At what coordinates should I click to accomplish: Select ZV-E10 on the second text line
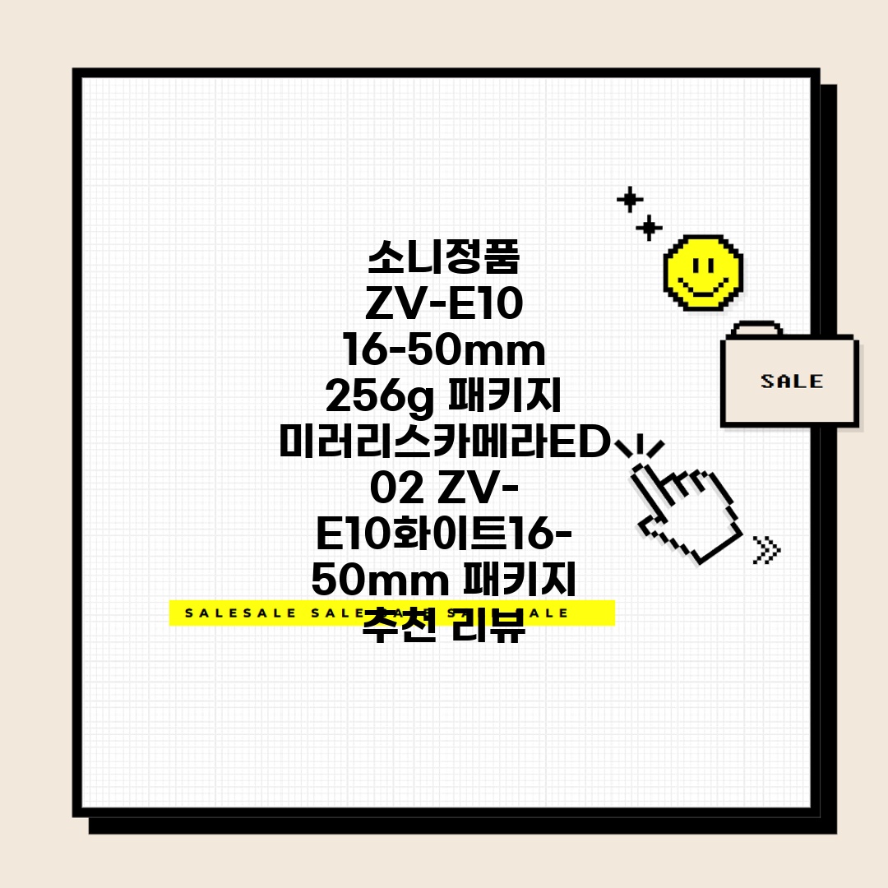[444, 306]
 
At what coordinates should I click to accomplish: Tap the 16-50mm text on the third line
[444, 352]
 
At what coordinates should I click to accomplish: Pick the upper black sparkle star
[630, 199]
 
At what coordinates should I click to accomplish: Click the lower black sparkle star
[650, 227]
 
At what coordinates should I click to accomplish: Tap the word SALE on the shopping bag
[791, 382]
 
